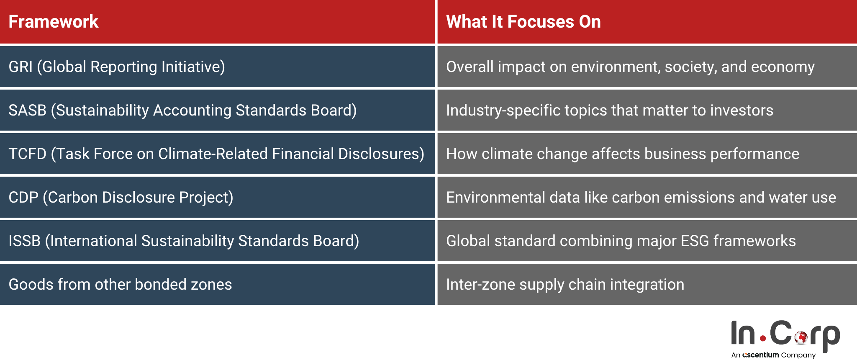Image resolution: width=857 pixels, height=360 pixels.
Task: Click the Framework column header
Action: click(53, 22)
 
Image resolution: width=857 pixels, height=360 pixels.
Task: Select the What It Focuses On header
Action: click(523, 22)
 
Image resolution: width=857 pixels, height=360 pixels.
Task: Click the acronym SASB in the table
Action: click(27, 111)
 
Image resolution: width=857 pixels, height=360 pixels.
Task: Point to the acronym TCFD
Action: click(27, 154)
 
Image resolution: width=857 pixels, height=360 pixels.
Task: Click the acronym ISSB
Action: click(24, 241)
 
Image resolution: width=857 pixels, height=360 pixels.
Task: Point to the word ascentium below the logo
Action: click(760, 355)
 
